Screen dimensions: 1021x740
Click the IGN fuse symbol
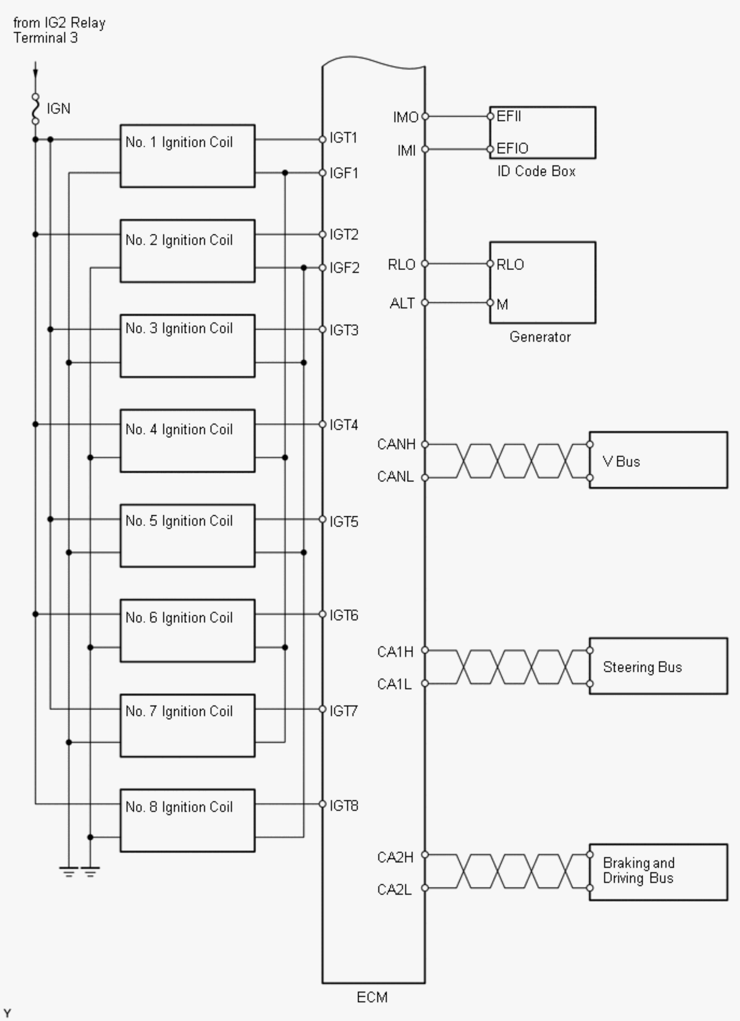(35, 109)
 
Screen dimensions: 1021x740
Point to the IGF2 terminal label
(344, 268)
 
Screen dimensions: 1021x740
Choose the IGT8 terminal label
(344, 806)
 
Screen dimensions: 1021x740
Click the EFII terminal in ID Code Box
(509, 117)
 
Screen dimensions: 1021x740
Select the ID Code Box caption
(536, 172)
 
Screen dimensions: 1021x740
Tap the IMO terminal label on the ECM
(405, 117)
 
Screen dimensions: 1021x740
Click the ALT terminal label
(402, 303)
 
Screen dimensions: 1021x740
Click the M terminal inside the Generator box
(502, 305)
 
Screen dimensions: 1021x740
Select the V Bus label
(621, 462)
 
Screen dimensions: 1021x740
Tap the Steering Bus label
(642, 667)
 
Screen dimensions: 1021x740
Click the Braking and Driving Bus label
(638, 871)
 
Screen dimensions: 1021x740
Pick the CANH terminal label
(396, 444)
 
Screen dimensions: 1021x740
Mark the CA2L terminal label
(394, 890)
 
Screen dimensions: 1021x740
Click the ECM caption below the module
(372, 998)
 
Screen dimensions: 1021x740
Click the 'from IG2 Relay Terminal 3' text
(59, 30)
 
